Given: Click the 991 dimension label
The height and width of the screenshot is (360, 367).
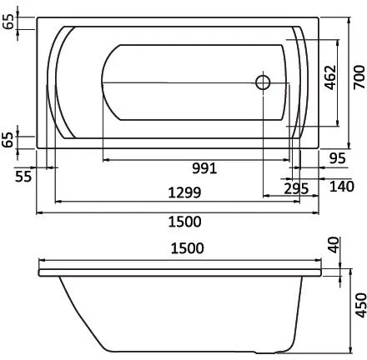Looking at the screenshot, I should click(x=204, y=167).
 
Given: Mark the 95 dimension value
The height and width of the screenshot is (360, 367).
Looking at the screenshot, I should click(x=337, y=158).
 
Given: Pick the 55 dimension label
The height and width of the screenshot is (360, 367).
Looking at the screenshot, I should click(x=23, y=175).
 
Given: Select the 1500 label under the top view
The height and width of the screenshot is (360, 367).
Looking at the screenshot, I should click(x=185, y=221).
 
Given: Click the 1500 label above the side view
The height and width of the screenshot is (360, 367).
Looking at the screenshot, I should click(x=185, y=250).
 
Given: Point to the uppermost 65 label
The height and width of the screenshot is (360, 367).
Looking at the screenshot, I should click(x=9, y=22).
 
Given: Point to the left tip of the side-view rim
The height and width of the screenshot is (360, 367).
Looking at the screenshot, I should click(x=39, y=270).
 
